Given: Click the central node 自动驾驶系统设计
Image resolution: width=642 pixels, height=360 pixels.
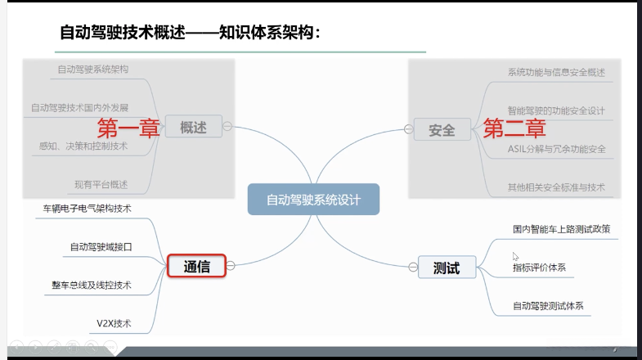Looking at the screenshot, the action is (314, 199).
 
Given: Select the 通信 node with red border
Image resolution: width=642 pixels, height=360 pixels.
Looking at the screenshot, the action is (196, 265).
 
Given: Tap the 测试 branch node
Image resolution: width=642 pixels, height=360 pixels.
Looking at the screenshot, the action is (446, 268).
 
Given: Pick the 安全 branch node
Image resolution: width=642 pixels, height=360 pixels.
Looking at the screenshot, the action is (442, 128).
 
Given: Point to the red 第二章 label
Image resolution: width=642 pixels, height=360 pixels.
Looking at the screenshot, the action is (514, 128).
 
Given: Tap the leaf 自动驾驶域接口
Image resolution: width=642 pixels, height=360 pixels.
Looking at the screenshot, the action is (101, 246).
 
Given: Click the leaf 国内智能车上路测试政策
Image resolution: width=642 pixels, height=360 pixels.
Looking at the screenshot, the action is (561, 229).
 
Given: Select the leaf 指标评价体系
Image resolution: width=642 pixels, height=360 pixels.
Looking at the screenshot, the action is (539, 268).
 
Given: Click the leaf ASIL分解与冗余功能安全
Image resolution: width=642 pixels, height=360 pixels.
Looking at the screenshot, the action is (556, 149).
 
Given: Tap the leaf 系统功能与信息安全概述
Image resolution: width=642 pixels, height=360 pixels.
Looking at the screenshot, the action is (556, 72).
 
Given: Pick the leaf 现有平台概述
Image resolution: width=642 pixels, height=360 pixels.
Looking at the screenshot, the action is (100, 184).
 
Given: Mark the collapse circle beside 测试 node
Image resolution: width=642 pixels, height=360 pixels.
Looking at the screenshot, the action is (411, 268).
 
